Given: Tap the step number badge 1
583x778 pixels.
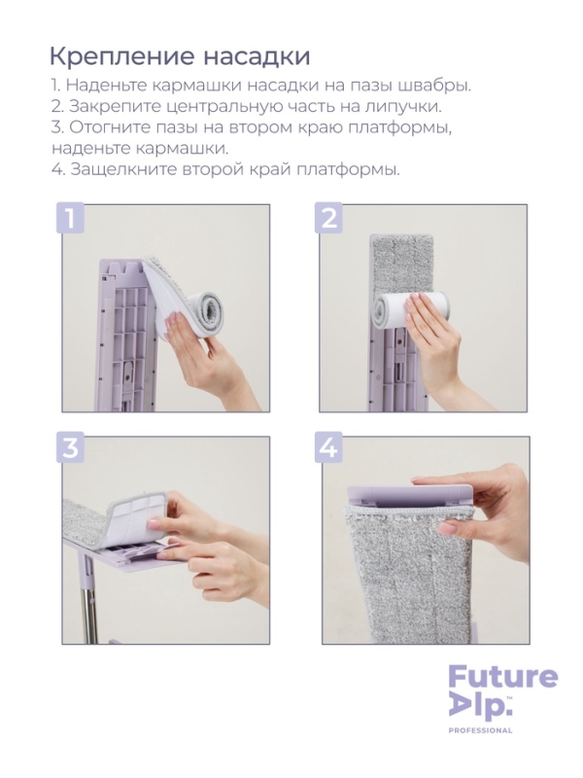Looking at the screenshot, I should click(69, 216).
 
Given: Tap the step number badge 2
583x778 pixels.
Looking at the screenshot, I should click(329, 216).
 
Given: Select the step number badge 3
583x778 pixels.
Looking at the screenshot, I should click(69, 448).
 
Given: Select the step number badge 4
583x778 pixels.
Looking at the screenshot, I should click(329, 448).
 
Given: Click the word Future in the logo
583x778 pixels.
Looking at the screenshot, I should click(502, 676).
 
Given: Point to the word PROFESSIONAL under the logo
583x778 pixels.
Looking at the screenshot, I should click(480, 730).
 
